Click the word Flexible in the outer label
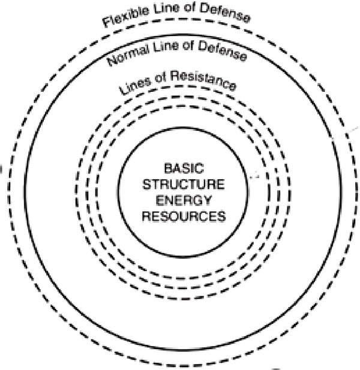tap(126, 17)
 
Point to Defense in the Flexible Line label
tap(225, 13)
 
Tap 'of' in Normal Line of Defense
tap(188, 45)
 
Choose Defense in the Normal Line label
tap(223, 50)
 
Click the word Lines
tap(135, 86)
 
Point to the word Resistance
tap(203, 80)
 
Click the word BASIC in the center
tap(184, 169)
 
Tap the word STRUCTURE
tap(184, 184)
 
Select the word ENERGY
tap(184, 200)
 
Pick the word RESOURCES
tap(184, 216)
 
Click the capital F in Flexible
tap(107, 22)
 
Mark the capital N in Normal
tap(112, 61)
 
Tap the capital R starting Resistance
tap(175, 76)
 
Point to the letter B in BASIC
tap(169, 169)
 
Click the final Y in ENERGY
tap(207, 200)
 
